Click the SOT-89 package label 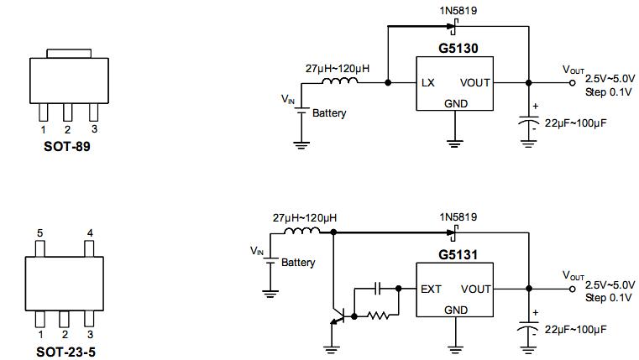(x=68, y=145)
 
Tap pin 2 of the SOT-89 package (x=68, y=112)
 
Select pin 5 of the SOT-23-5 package (x=39, y=248)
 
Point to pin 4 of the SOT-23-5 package (x=91, y=248)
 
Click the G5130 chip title (x=458, y=49)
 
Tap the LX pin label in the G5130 (x=428, y=83)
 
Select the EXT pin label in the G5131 (x=431, y=289)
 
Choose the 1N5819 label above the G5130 (x=455, y=10)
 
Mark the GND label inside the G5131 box (x=455, y=310)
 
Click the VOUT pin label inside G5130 (x=475, y=83)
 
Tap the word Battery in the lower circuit (x=298, y=263)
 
